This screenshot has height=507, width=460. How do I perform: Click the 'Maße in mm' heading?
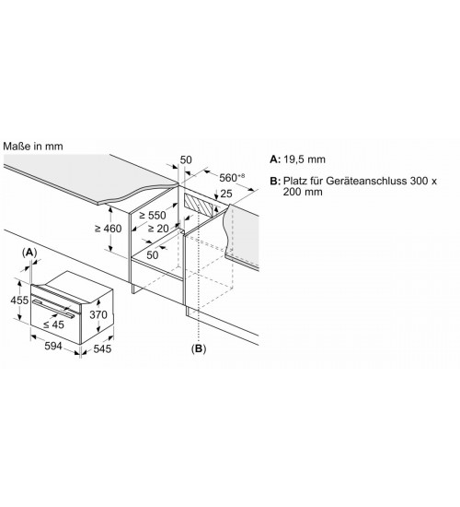(x=33, y=147)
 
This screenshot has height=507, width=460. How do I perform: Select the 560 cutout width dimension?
(x=232, y=177)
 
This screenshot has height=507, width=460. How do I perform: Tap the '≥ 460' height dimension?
(x=109, y=229)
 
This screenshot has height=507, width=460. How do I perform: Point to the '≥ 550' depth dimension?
(x=153, y=215)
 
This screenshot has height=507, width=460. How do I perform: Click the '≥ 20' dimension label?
(x=158, y=229)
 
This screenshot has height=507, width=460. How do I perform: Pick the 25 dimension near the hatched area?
(x=226, y=194)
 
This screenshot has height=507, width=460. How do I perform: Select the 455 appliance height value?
(x=19, y=301)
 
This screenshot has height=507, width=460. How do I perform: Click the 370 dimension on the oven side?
(x=98, y=314)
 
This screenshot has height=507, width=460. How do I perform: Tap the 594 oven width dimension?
(x=53, y=346)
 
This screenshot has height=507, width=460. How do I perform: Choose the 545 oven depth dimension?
(x=102, y=348)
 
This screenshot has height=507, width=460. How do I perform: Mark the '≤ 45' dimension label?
(x=53, y=324)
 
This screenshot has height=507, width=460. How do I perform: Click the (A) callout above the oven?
(x=29, y=253)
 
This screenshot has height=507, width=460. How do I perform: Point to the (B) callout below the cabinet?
(x=199, y=348)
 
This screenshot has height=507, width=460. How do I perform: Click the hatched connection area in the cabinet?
(x=199, y=205)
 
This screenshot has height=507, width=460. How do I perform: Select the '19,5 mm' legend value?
(x=305, y=159)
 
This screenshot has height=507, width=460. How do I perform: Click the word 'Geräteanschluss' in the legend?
(x=366, y=181)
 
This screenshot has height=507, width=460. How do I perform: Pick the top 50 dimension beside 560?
(x=186, y=159)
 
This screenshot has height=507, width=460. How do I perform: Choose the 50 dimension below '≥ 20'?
(x=153, y=255)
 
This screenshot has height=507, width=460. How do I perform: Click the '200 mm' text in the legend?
(x=303, y=192)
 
